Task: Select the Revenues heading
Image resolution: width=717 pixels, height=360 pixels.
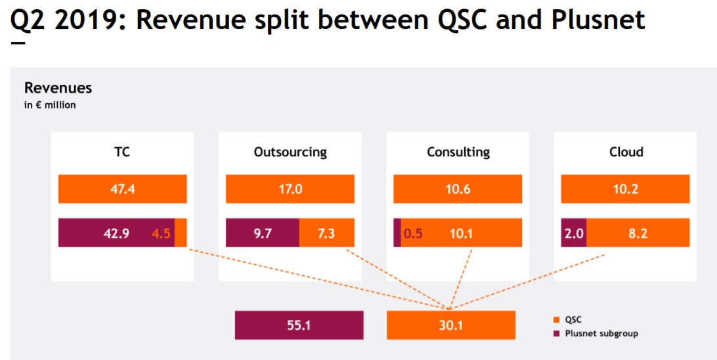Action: click(58, 88)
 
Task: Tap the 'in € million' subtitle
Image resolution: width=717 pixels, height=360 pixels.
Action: click(50, 105)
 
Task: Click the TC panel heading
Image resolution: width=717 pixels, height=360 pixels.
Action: click(122, 152)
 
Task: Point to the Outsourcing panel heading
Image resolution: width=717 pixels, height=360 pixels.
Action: click(290, 152)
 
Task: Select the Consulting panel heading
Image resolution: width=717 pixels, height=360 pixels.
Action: click(458, 152)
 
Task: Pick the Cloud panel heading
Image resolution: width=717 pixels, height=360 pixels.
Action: click(626, 152)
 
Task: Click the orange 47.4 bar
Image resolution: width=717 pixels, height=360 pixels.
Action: click(122, 189)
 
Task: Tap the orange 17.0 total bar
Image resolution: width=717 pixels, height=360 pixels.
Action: click(290, 189)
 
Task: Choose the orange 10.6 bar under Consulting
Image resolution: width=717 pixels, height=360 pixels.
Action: click(458, 189)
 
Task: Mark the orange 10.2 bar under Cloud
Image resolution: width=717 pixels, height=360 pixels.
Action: click(626, 189)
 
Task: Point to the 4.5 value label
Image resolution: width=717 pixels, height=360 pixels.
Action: click(162, 233)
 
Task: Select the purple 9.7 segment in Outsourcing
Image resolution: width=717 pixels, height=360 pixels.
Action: click(263, 233)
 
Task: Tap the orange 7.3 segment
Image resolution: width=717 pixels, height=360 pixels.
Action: click(326, 233)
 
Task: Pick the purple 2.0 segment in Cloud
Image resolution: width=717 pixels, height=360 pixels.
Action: click(573, 233)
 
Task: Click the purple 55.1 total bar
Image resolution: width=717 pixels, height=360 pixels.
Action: click(299, 325)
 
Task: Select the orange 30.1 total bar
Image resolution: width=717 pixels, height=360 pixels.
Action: click(450, 325)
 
